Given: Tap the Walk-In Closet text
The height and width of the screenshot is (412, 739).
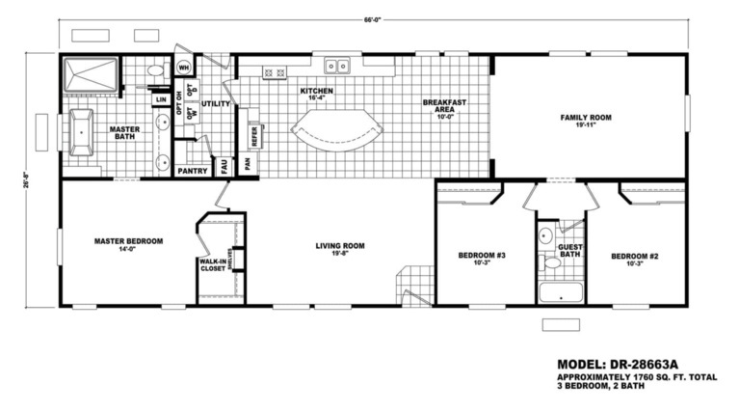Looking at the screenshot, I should tap(212, 264).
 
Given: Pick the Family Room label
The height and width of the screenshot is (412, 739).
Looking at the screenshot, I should tap(586, 118).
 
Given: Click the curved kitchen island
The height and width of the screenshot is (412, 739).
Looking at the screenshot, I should tap(336, 130).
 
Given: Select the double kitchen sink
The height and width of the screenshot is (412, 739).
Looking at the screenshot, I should tap(337, 67).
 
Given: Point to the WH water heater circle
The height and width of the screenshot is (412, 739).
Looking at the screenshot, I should tap(184, 68).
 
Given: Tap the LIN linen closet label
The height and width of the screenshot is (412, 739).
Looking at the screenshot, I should tap(161, 98).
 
